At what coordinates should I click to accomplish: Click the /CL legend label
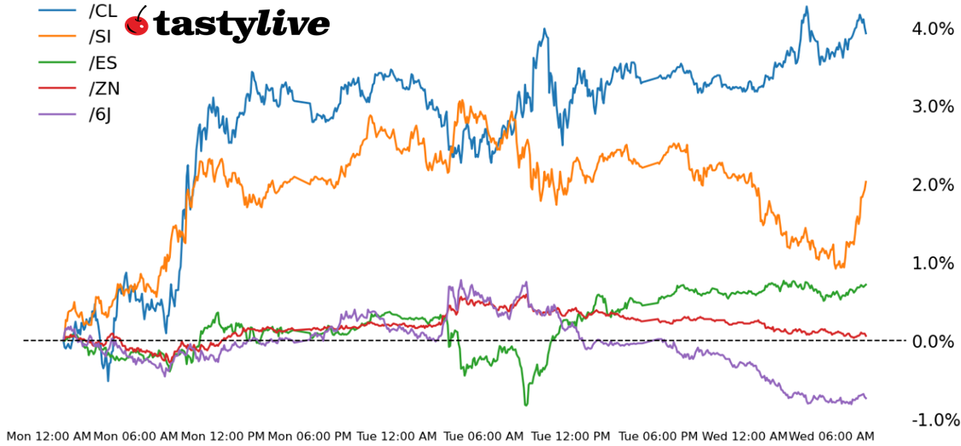(103, 11)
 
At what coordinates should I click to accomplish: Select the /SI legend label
(100, 37)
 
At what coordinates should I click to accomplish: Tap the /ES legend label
(103, 62)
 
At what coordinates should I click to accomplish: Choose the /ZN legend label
(103, 88)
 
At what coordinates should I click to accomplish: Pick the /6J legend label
(100, 114)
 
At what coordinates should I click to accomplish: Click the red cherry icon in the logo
(137, 23)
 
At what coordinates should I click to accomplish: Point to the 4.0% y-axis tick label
(933, 29)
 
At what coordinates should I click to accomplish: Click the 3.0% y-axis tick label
(933, 107)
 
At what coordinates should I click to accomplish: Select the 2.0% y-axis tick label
(933, 185)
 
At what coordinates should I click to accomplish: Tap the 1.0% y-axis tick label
(933, 263)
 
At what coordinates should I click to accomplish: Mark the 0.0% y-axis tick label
(933, 342)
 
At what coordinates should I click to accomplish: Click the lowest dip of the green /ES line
(526, 404)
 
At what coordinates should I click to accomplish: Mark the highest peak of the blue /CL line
(806, 8)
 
